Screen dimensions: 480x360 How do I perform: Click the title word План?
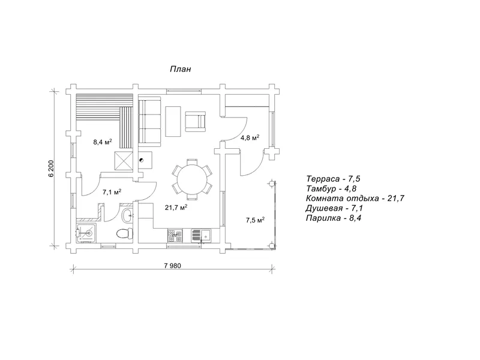click(x=181, y=69)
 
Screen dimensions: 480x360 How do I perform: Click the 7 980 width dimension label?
click(x=172, y=265)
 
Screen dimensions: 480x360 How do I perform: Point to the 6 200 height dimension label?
click(x=51, y=168)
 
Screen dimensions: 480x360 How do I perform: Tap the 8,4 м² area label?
click(x=102, y=142)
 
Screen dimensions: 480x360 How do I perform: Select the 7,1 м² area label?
click(x=112, y=192)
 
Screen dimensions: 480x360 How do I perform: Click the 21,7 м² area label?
click(x=176, y=207)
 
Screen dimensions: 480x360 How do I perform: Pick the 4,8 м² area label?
click(x=250, y=137)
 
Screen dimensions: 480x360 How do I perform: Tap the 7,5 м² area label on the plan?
click(x=255, y=220)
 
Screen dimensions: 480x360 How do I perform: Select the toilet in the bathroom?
click(x=125, y=233)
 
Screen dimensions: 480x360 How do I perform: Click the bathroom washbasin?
click(x=127, y=215)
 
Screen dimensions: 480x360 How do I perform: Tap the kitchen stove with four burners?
click(x=175, y=235)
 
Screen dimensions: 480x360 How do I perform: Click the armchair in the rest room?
click(x=196, y=122)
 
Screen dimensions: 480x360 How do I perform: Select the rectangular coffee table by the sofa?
click(x=173, y=121)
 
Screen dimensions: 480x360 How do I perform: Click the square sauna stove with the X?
click(x=124, y=160)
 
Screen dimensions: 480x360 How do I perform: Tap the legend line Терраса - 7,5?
click(x=331, y=179)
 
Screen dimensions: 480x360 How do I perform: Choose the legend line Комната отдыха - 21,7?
click(x=355, y=199)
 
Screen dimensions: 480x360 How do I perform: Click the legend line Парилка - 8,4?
click(x=334, y=218)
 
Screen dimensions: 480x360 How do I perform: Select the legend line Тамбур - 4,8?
click(x=331, y=188)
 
